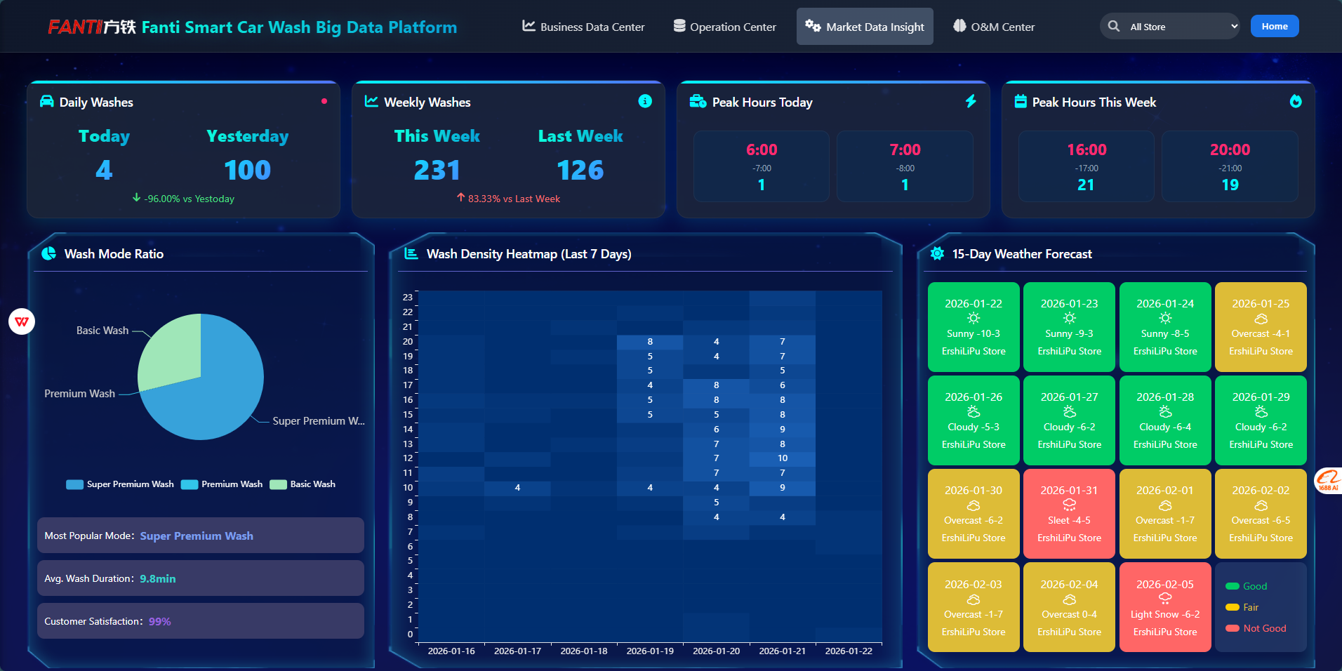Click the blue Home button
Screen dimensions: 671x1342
tap(1274, 27)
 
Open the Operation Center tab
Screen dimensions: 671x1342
tap(724, 27)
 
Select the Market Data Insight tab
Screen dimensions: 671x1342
tap(865, 27)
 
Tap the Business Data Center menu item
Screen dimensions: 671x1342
tap(583, 27)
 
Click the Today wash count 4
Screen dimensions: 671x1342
tap(104, 170)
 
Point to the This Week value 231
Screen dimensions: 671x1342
tap(437, 170)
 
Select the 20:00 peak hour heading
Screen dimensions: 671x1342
tap(1230, 150)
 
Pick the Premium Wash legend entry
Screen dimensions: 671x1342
tap(222, 484)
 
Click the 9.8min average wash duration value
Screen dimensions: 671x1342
tap(158, 578)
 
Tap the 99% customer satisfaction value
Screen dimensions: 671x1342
tap(160, 621)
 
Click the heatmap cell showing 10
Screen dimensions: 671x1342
tap(783, 458)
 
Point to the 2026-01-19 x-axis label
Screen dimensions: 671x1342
tap(650, 651)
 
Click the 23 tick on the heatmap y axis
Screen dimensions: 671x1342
tap(408, 298)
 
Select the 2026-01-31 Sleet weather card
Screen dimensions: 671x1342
tap(1069, 514)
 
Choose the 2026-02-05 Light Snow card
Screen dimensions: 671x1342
tap(1165, 607)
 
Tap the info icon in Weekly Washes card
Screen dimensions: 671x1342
tap(645, 101)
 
